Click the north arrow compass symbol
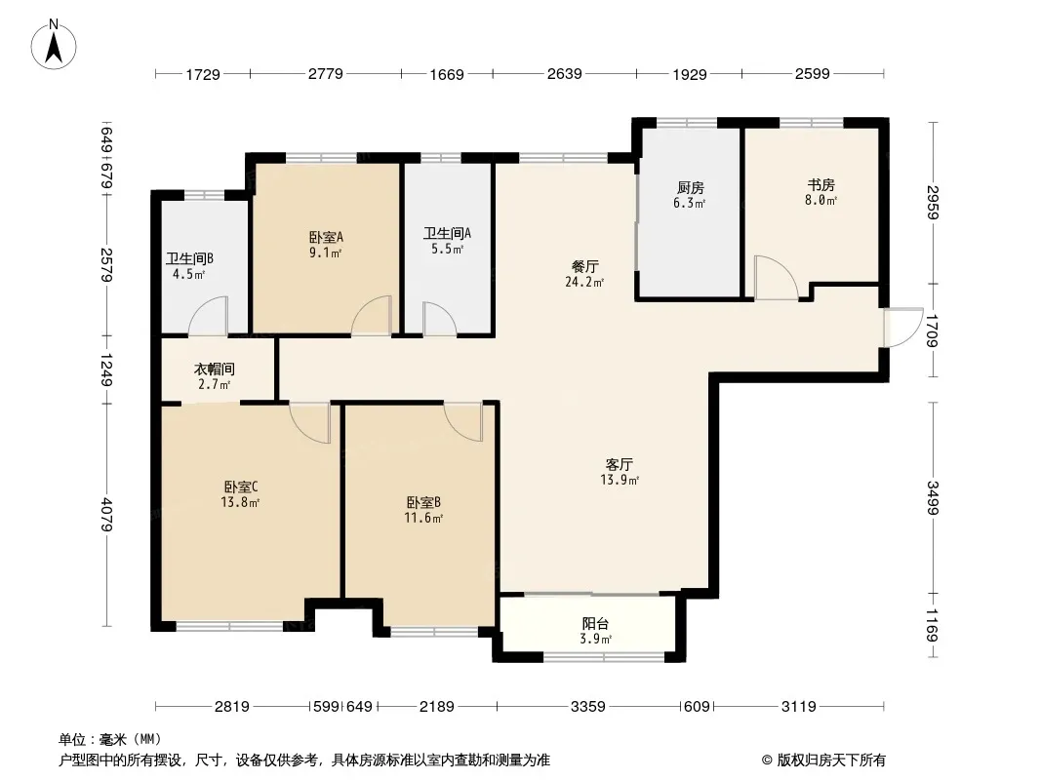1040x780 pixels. tap(54, 45)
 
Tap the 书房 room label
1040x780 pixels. tap(820, 185)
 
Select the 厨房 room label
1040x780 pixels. tap(690, 188)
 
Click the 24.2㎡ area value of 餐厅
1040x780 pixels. tap(584, 283)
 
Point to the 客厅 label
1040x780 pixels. tap(619, 464)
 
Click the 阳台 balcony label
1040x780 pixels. tap(596, 624)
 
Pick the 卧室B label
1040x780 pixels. tap(423, 503)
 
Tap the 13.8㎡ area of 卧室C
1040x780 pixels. tap(240, 502)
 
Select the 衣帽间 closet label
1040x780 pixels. tap(214, 370)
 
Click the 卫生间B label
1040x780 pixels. tap(189, 259)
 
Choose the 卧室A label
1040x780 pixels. tap(326, 237)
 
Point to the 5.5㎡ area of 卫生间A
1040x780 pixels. tap(447, 250)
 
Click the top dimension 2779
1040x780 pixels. tap(326, 73)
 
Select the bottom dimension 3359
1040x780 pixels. tap(588, 707)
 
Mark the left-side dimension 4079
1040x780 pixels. tap(106, 515)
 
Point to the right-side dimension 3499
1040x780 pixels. tap(934, 497)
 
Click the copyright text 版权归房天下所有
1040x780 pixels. tap(823, 760)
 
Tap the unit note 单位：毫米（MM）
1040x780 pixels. tap(110, 740)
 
